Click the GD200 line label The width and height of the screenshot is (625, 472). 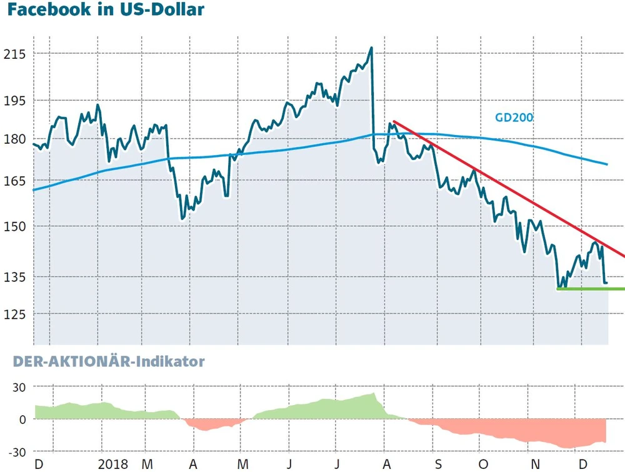pyautogui.click(x=514, y=117)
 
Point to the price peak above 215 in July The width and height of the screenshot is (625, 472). pyautogui.click(x=371, y=48)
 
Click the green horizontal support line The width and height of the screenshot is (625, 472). pyautogui.click(x=591, y=289)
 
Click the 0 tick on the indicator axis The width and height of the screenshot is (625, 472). pyautogui.click(x=22, y=419)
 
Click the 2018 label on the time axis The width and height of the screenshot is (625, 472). pyautogui.click(x=113, y=464)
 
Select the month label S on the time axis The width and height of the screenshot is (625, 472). pyautogui.click(x=437, y=464)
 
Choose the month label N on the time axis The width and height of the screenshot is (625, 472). pyautogui.click(x=534, y=464)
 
